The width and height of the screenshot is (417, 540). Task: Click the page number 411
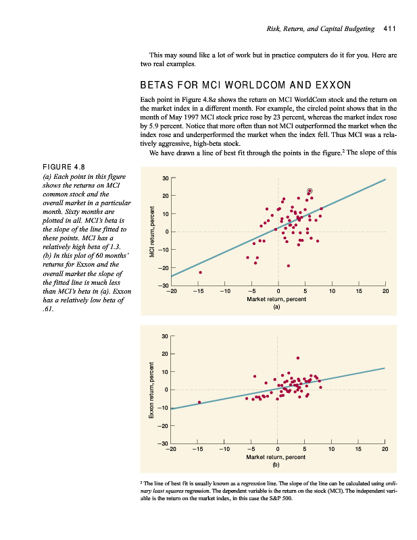[x=388, y=29]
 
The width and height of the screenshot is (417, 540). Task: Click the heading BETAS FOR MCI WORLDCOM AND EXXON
[x=245, y=85]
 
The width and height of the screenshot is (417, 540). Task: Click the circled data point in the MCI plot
[x=310, y=192]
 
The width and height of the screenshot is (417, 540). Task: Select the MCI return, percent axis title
[x=153, y=231]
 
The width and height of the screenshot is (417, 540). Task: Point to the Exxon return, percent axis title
[x=153, y=389]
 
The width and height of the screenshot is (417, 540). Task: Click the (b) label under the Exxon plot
[x=276, y=464]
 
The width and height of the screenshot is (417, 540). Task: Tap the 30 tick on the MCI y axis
[x=165, y=178]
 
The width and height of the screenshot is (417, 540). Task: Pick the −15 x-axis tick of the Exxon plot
[x=198, y=450]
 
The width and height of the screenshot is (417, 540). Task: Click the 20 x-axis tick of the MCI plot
[x=385, y=292]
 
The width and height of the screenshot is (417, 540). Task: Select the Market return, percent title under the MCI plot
[x=276, y=298]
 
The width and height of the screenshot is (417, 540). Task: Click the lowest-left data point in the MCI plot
[x=200, y=272]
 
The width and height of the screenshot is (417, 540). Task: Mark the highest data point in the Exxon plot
[x=297, y=358]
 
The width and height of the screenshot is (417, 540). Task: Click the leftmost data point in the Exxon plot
[x=199, y=402]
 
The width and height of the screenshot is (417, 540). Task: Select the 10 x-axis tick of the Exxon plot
[x=331, y=450]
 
